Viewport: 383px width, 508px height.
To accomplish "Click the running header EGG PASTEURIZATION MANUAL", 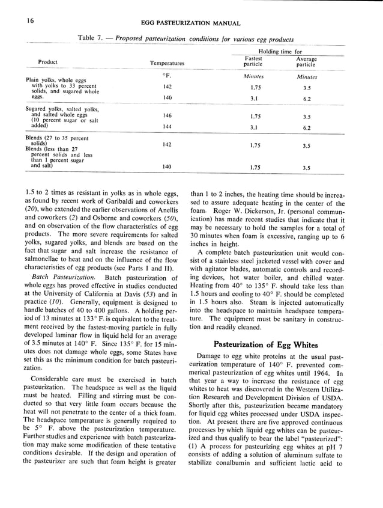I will (191, 23).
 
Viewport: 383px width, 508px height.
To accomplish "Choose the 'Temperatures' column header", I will (167, 63).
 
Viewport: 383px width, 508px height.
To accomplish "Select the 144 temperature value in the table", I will (167, 127).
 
